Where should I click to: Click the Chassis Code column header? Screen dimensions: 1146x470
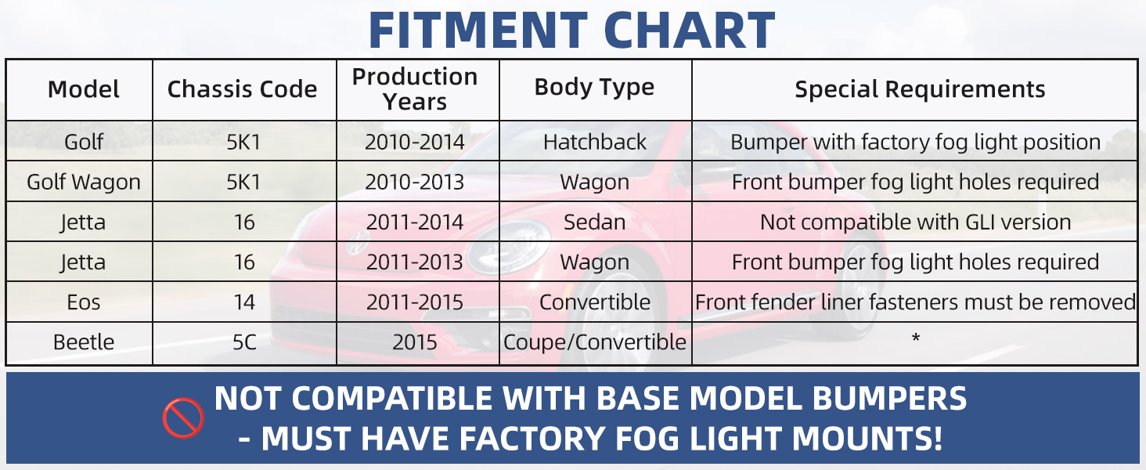[242, 89]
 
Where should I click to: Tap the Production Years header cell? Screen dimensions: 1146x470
[415, 89]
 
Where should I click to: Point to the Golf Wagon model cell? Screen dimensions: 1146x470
[84, 182]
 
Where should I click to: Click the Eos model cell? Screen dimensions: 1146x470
[84, 302]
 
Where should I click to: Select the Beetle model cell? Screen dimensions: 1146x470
[84, 342]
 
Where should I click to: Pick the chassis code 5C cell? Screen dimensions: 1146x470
[244, 342]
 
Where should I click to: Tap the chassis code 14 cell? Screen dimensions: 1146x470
[244, 302]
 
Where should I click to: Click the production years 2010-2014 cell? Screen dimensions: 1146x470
[414, 142]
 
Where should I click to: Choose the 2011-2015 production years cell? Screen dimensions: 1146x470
[414, 302]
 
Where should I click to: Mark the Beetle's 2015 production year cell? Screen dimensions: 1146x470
[414, 342]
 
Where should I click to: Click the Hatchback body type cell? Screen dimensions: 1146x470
[594, 142]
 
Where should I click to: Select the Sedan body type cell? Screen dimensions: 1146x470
[594, 222]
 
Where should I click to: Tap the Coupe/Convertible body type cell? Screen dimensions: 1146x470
[594, 342]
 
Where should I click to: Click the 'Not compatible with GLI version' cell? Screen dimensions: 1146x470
[916, 222]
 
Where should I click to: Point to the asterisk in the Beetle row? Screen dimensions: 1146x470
[916, 338]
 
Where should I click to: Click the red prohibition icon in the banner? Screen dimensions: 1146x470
[183, 418]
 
